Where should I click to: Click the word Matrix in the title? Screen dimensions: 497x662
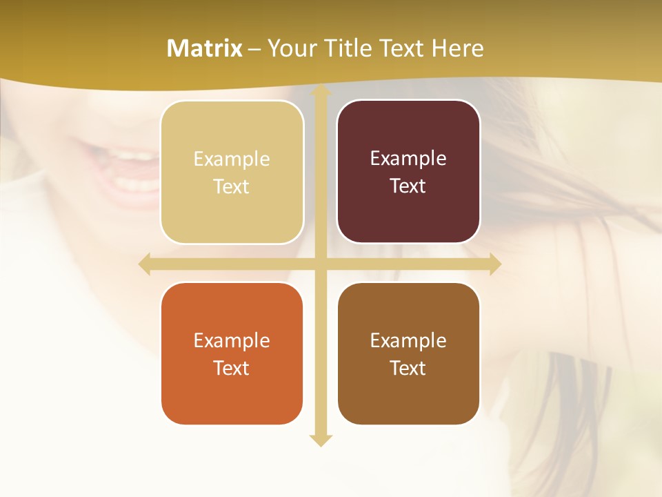[x=205, y=48]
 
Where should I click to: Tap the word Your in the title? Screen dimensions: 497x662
[x=290, y=48]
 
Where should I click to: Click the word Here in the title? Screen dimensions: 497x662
[x=458, y=48]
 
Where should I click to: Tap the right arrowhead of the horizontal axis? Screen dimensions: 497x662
[x=494, y=264]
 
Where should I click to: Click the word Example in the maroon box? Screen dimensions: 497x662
[x=408, y=159]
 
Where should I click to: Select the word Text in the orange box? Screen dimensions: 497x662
[x=232, y=368]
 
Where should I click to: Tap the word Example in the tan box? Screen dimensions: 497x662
[x=232, y=159]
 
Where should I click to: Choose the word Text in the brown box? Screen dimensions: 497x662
[x=408, y=368]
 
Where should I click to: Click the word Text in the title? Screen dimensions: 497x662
[x=403, y=48]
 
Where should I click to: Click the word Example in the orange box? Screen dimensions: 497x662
[x=232, y=340]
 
